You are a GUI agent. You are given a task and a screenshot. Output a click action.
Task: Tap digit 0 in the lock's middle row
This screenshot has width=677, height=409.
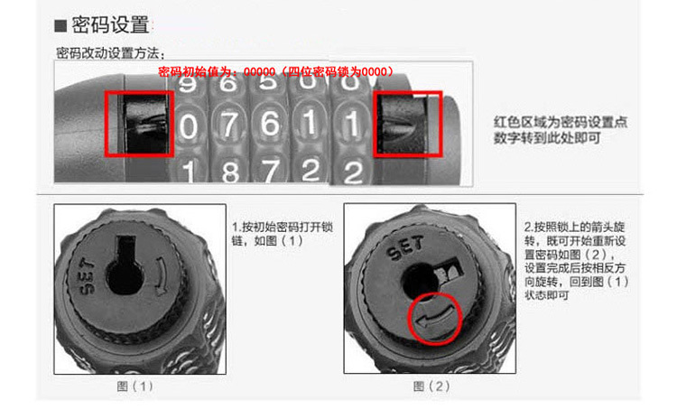(188, 127)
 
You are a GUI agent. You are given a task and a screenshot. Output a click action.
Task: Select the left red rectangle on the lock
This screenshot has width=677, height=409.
(138, 122)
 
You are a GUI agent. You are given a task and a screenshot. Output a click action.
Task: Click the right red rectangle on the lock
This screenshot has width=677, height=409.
(408, 123)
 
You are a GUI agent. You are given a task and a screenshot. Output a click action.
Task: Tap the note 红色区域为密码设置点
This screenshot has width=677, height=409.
(546, 122)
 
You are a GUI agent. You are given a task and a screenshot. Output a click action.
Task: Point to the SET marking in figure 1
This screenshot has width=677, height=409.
(88, 284)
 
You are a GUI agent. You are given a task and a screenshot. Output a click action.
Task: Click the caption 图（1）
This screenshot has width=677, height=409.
(136, 386)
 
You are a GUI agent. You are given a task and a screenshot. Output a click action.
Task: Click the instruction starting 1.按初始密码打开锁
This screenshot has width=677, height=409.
(272, 233)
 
